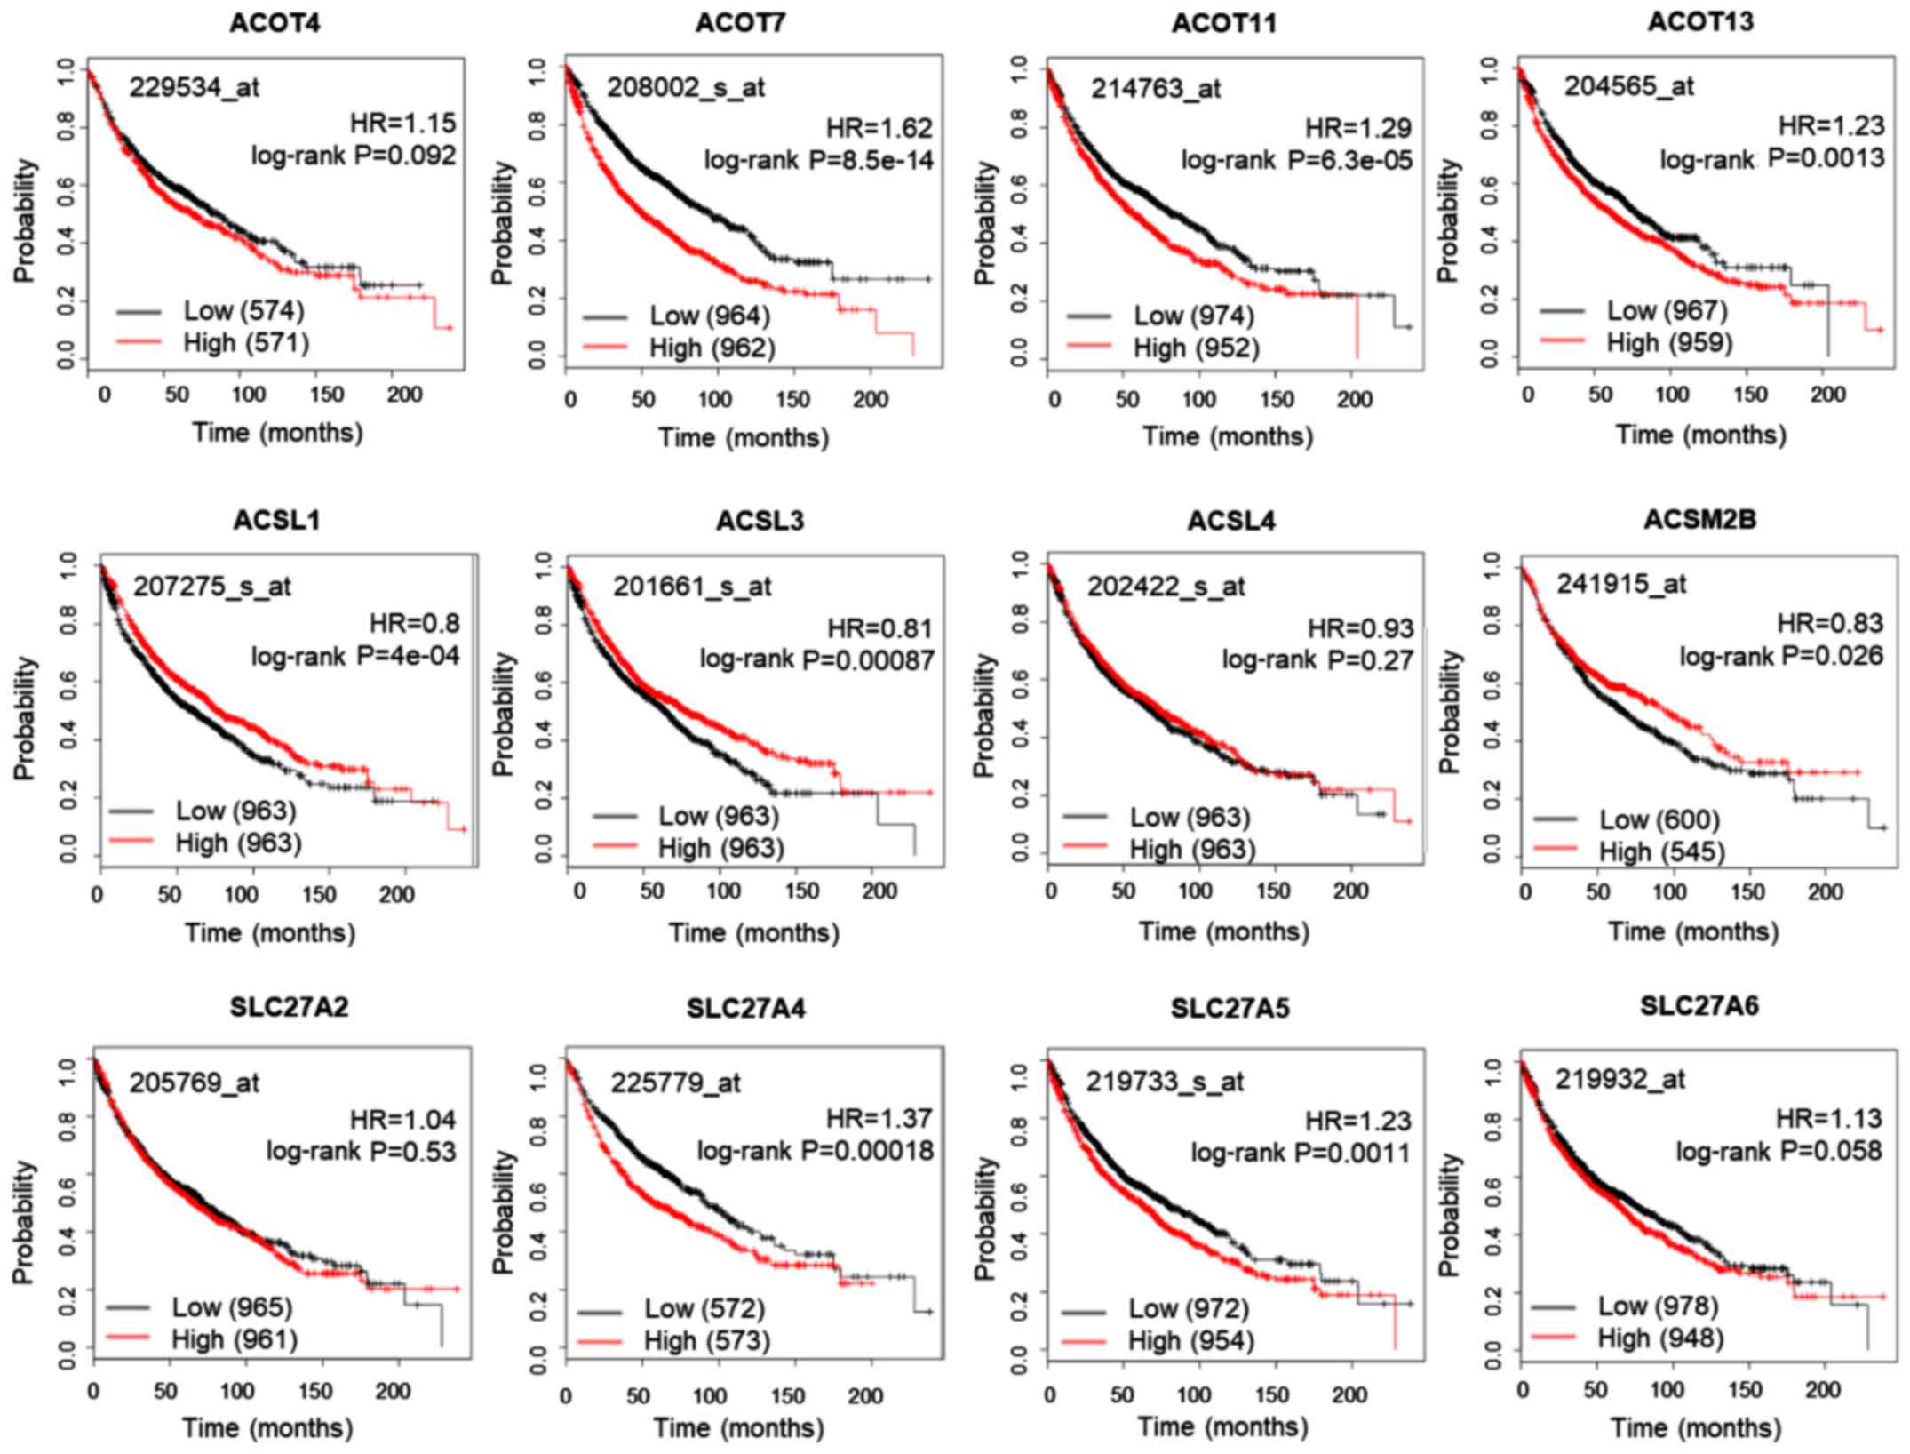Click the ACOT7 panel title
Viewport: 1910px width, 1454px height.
coord(740,24)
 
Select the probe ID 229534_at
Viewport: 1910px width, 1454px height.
coord(195,87)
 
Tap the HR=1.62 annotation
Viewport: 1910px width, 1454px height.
coord(879,128)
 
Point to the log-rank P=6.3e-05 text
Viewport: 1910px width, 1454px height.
coord(1296,160)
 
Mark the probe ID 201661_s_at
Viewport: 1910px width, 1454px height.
coord(692,587)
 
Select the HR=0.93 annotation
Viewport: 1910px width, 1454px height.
coord(1360,628)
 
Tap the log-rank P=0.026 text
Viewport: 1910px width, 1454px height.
coord(1780,656)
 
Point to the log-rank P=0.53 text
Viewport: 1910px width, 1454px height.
coord(361,1151)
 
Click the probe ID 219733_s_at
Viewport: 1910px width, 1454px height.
coord(1165,1082)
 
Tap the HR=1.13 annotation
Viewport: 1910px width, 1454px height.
coord(1828,1118)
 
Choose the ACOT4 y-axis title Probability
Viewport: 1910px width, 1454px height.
coord(25,220)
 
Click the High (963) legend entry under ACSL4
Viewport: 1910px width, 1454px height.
coord(1192,849)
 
